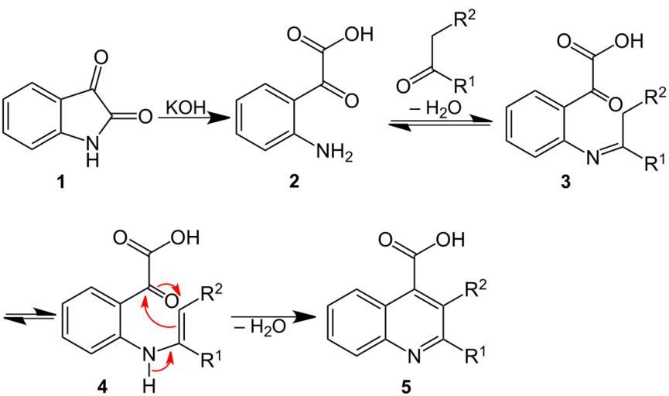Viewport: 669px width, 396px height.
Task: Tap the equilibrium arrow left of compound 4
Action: click(22, 315)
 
